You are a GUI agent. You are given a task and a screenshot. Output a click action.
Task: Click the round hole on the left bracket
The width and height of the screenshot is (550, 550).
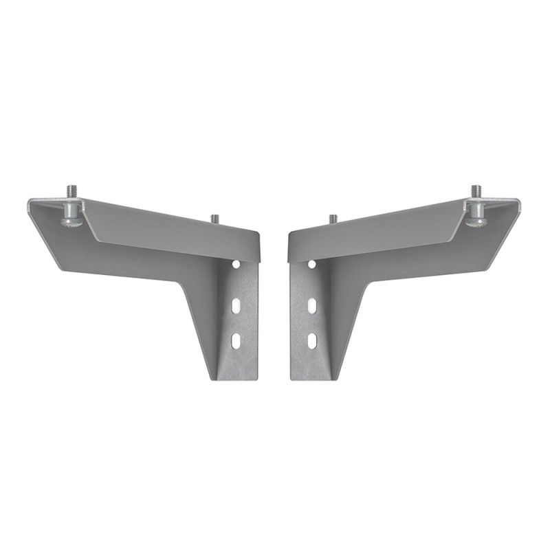236,264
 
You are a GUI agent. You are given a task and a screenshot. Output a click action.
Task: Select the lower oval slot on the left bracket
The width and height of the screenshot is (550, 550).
236,340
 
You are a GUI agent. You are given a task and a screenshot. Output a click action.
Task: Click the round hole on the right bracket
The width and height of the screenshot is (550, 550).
312,264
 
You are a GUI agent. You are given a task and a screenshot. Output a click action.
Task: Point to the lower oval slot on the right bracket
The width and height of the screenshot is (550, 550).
312,340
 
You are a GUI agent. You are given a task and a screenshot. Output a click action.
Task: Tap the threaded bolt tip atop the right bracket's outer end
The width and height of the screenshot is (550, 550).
476,189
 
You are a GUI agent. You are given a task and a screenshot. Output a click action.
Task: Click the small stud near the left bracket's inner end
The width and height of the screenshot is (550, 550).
214,219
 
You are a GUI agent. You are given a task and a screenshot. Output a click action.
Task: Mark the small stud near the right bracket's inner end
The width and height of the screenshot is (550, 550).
333,219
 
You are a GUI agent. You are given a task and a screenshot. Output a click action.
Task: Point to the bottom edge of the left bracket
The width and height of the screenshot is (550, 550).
236,377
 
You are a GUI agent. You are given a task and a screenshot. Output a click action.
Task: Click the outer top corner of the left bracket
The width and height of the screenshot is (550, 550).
31,201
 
